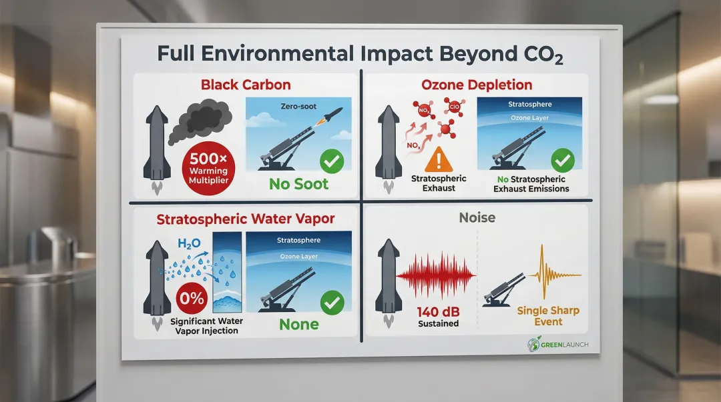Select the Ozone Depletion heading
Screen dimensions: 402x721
coord(477,85)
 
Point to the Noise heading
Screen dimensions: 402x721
coord(477,217)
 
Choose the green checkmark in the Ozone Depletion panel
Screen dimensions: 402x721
coord(563,160)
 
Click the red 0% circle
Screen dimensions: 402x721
coord(192,298)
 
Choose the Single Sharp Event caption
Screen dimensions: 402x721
coord(549,316)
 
